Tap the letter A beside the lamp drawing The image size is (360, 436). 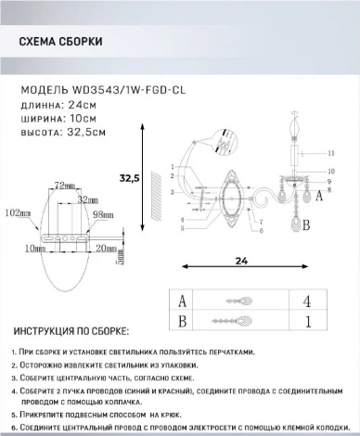319,195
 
